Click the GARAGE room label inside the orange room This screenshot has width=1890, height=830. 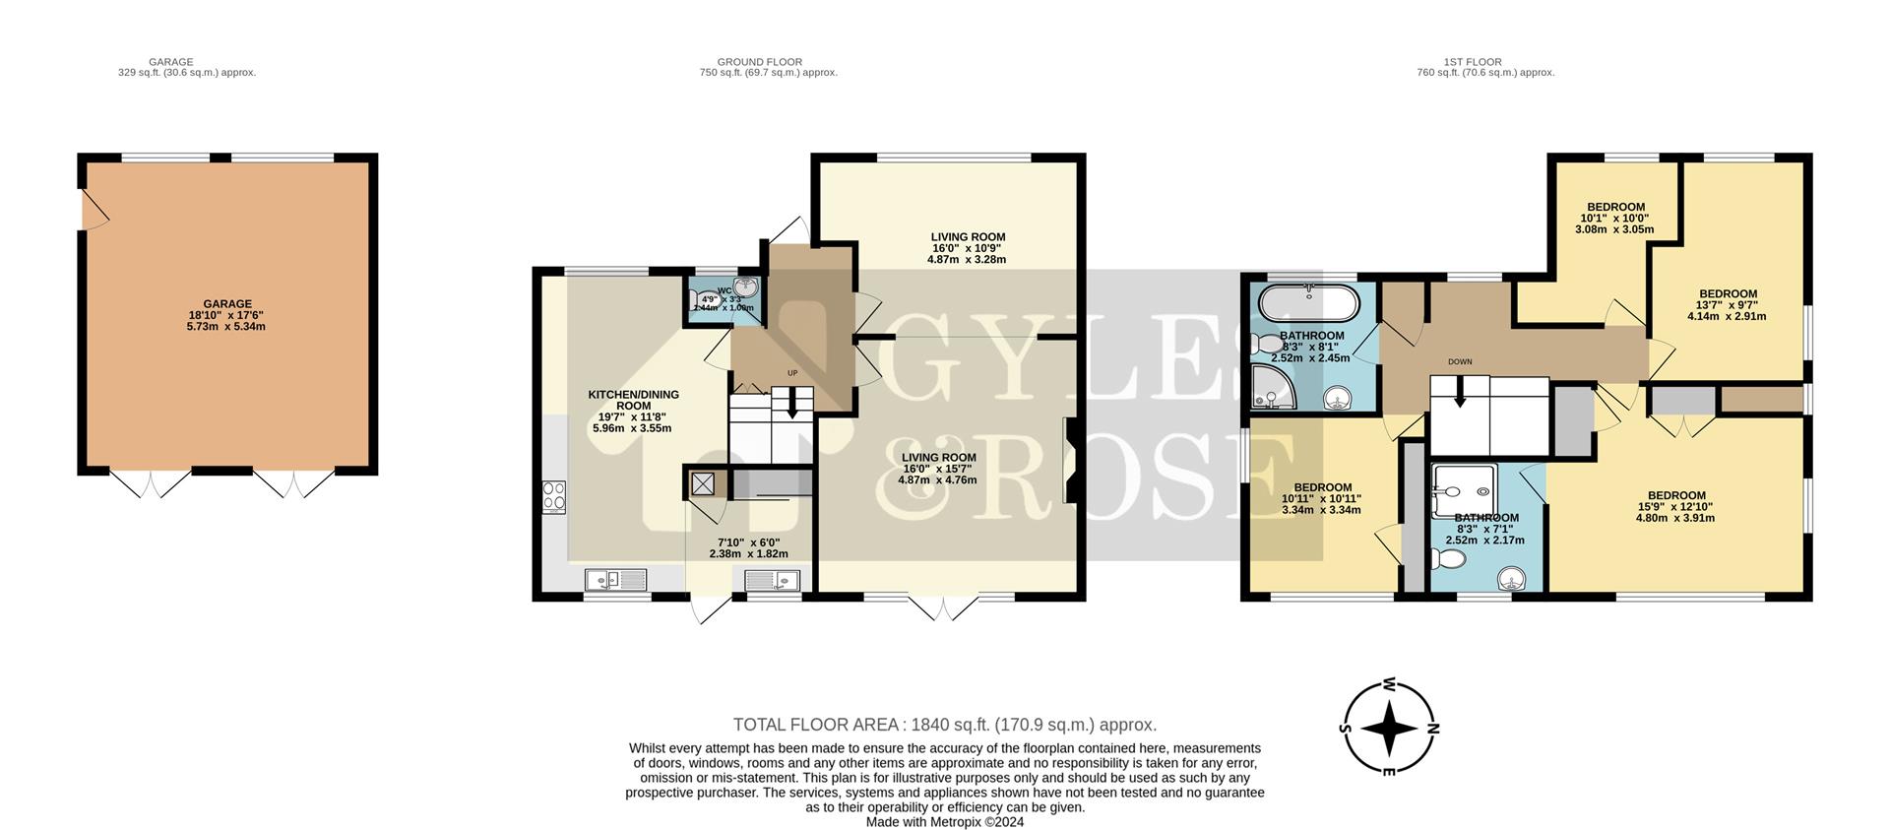tap(227, 304)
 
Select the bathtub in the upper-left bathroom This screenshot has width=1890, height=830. tap(1309, 301)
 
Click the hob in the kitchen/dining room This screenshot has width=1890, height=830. tap(553, 496)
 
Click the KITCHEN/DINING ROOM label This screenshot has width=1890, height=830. tap(633, 400)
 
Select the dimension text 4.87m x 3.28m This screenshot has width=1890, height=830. tap(967, 260)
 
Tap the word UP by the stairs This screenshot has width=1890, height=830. tap(791, 373)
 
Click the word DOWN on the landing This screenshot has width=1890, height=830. tap(1460, 361)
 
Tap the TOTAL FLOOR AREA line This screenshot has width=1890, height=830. tap(944, 725)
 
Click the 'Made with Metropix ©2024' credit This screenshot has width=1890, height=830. tap(944, 822)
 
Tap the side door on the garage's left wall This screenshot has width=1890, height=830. tap(94, 210)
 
